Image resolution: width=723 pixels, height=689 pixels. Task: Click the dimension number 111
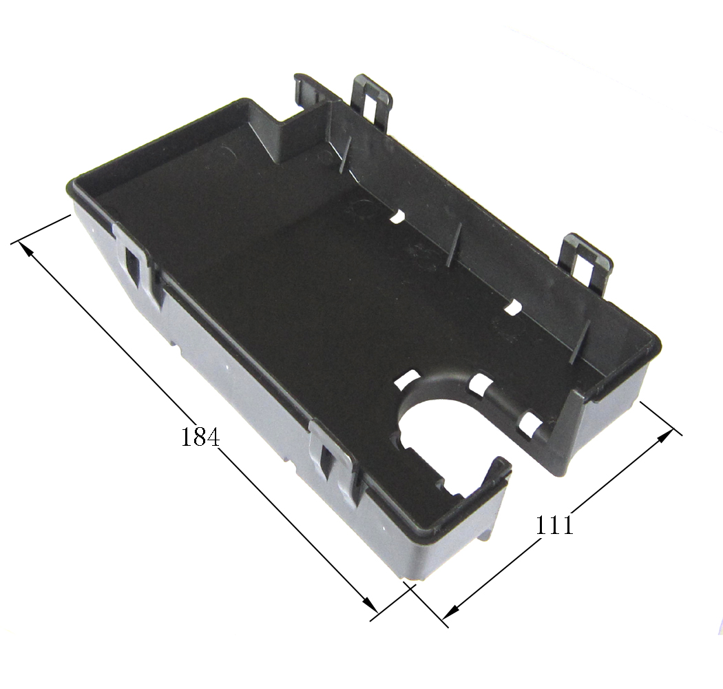(x=554, y=524)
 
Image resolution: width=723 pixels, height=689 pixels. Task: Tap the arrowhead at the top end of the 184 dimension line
(x=26, y=249)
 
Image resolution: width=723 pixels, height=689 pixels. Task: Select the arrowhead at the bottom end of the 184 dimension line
(x=370, y=604)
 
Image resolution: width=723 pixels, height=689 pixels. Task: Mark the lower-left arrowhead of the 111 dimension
(x=450, y=612)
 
